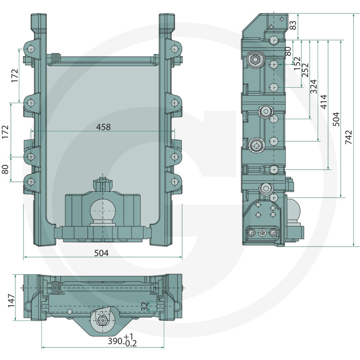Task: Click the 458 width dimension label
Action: [x=103, y=127]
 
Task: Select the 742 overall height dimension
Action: [x=348, y=137]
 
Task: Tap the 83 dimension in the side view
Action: [x=293, y=25]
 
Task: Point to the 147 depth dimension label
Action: [x=11, y=301]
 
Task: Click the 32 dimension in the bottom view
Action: [x=144, y=307]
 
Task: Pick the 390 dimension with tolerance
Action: [x=122, y=341]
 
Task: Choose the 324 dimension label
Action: [x=314, y=86]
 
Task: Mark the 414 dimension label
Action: [x=324, y=102]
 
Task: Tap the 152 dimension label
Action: [x=297, y=63]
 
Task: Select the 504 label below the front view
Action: [x=102, y=253]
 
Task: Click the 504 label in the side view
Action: [x=336, y=119]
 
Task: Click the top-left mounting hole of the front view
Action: [x=31, y=49]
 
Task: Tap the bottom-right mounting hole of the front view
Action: [x=175, y=182]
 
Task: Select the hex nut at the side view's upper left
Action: [x=254, y=60]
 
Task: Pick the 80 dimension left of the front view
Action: [x=5, y=169]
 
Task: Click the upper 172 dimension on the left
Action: [x=14, y=76]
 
